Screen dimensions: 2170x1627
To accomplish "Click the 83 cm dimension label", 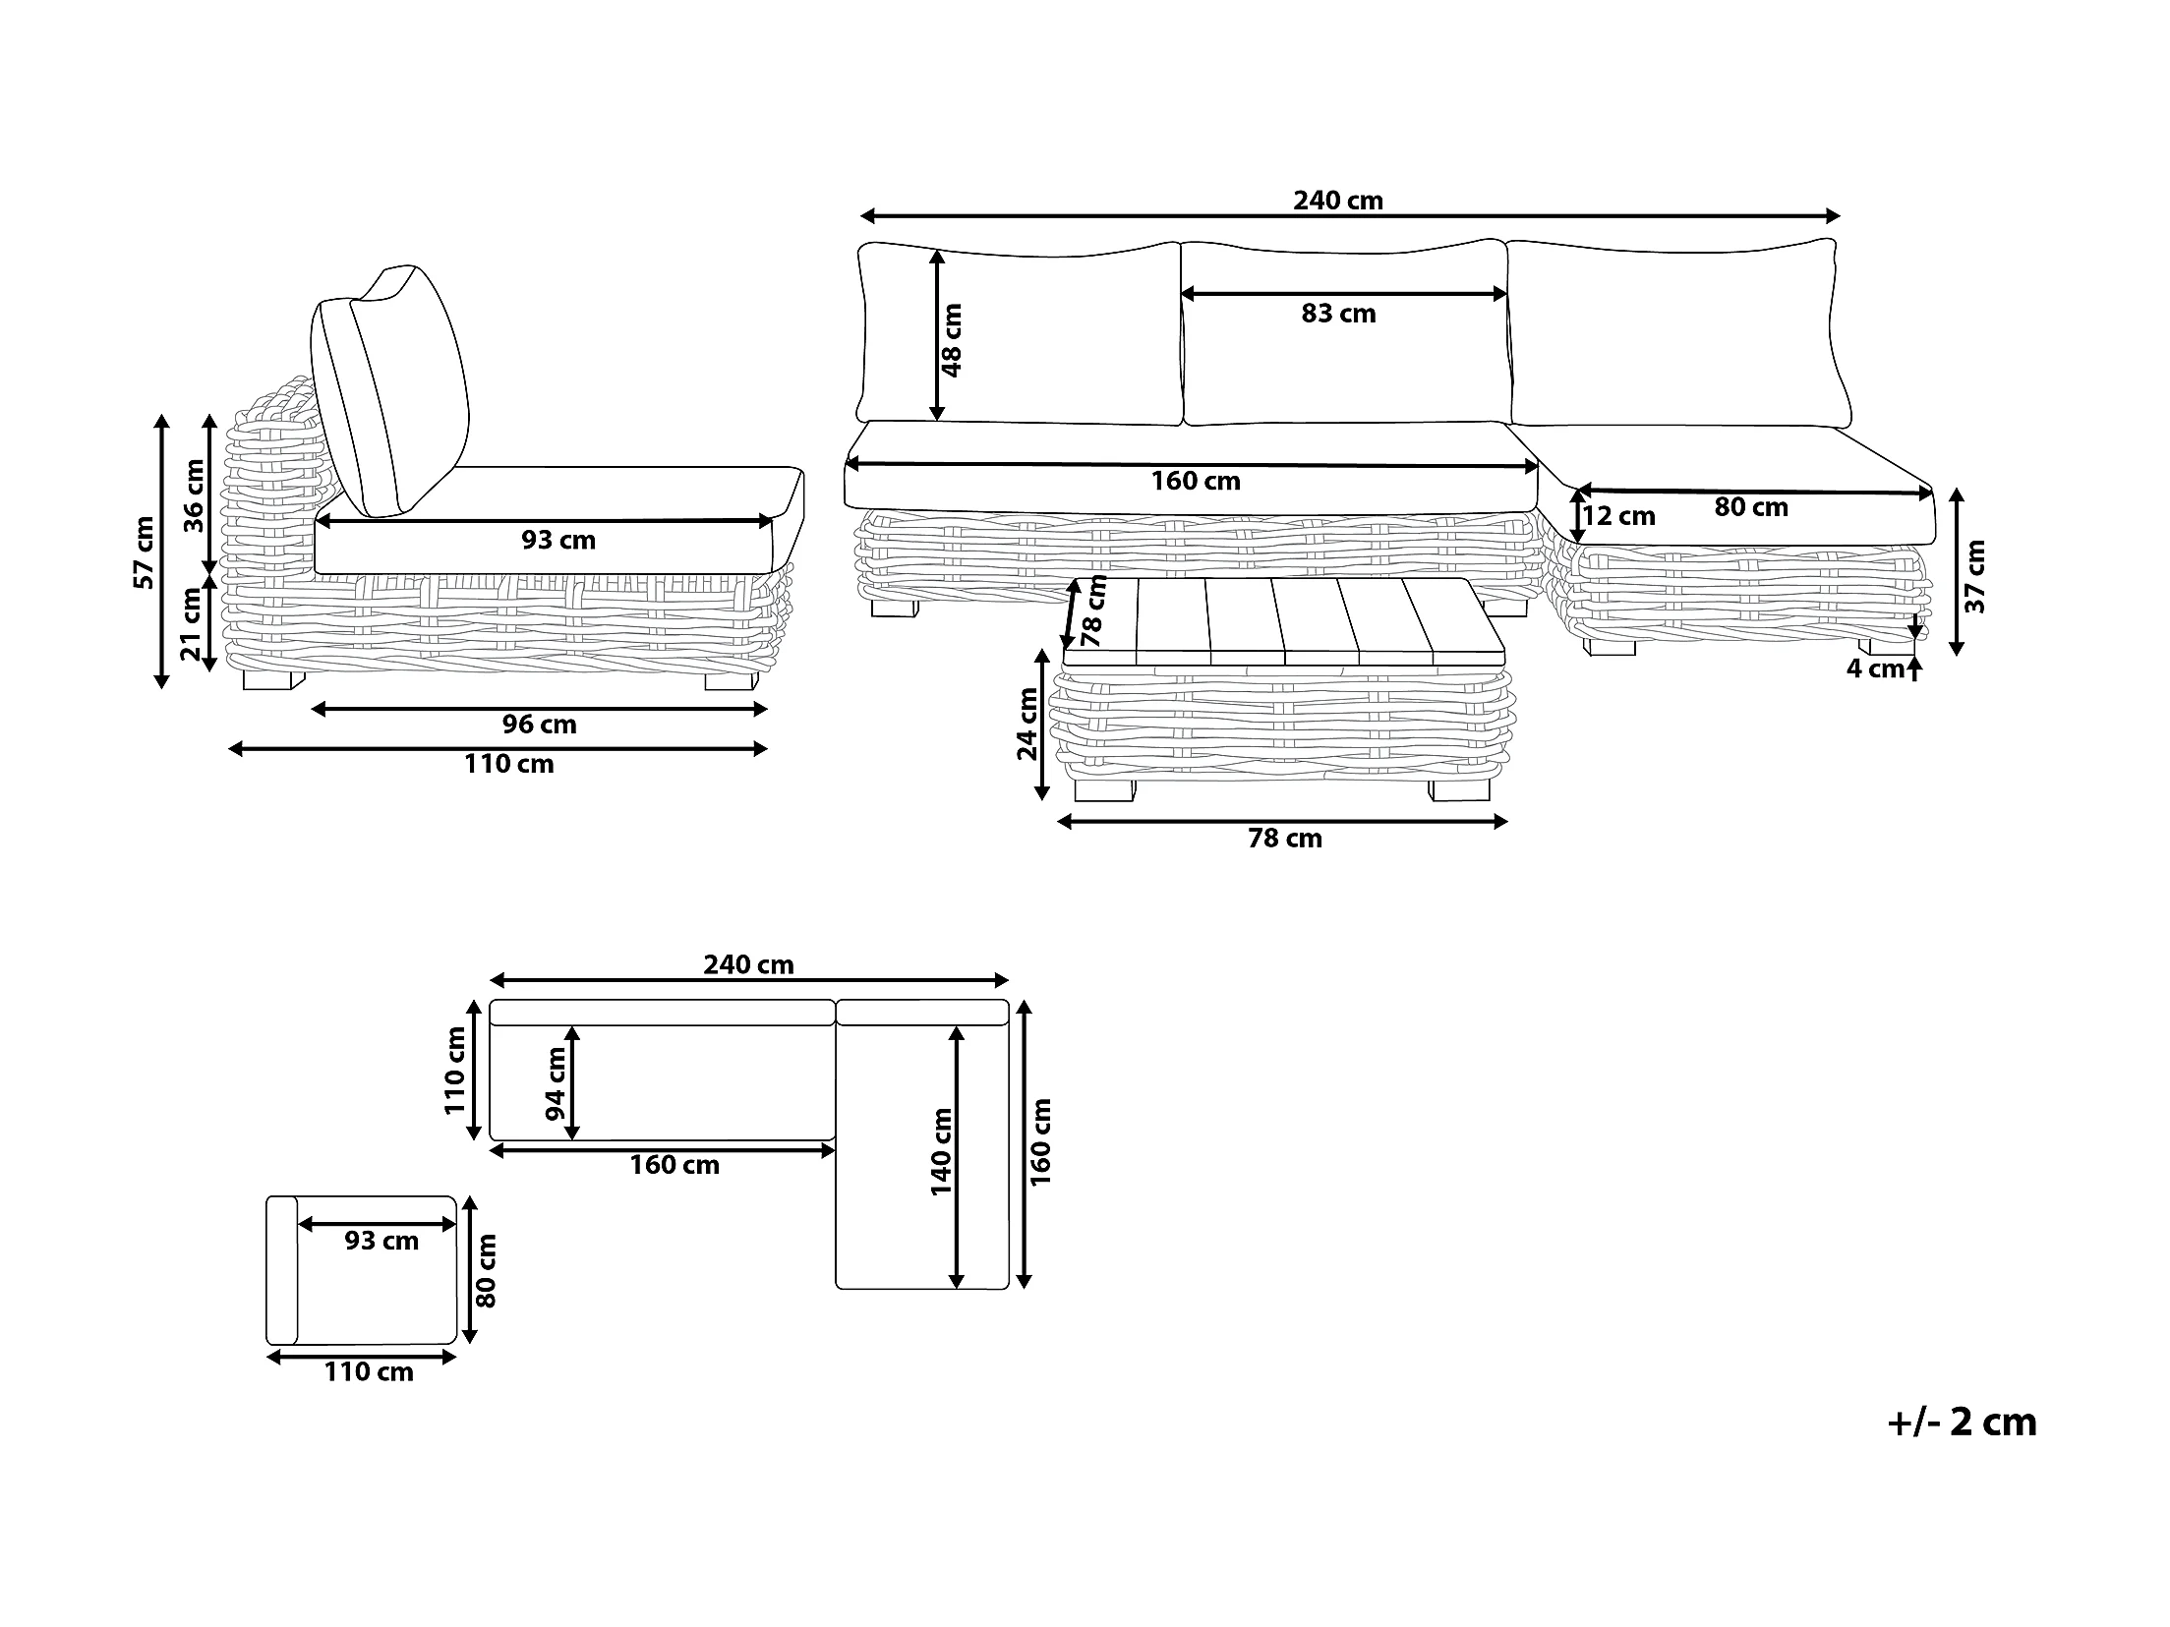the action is pos(1337,314).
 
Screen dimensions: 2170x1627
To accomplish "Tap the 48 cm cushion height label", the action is pos(952,339).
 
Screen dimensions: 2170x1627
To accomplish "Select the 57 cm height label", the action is pos(145,552).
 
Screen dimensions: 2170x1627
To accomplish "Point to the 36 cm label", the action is pos(195,495).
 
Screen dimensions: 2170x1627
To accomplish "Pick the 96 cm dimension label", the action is pos(539,726).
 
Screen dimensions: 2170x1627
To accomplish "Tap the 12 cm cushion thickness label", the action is pos(1618,516).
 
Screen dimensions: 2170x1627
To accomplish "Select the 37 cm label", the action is pos(1975,576).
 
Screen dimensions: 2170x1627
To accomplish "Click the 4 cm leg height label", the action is pos(1874,669).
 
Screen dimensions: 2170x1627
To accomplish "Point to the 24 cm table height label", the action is pos(1026,724).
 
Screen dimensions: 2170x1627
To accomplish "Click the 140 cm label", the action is pos(941,1151).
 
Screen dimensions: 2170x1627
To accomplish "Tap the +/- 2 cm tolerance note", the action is pos(1962,1423).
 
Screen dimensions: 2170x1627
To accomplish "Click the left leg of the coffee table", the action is pos(1104,790).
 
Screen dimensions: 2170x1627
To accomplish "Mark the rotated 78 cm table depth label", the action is pos(1092,611).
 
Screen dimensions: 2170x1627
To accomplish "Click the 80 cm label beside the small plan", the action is pos(486,1270).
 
